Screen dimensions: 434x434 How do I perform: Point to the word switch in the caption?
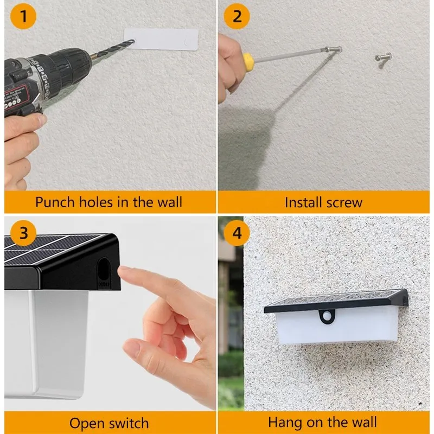128,423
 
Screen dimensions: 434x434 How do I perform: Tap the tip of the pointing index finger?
124,270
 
